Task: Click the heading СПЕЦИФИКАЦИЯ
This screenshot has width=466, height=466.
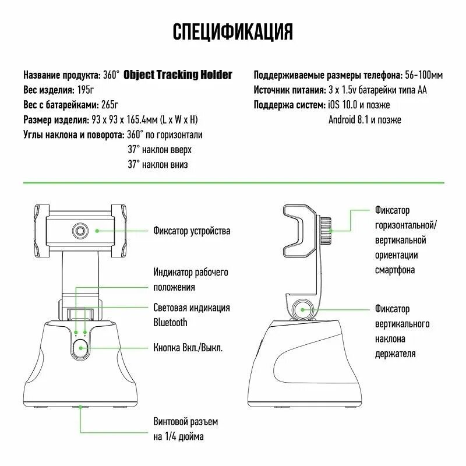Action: (233, 32)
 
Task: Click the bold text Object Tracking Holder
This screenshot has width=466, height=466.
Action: (178, 75)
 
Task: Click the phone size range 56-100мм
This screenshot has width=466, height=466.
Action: (423, 75)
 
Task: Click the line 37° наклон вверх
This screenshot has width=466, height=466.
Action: (160, 150)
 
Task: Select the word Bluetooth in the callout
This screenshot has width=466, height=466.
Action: (170, 322)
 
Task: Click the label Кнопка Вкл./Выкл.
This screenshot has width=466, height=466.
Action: (188, 348)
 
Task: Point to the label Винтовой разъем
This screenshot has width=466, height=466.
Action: (186, 421)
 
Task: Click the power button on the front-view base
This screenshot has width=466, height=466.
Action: (81, 348)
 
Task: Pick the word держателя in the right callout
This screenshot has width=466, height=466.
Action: (396, 353)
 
